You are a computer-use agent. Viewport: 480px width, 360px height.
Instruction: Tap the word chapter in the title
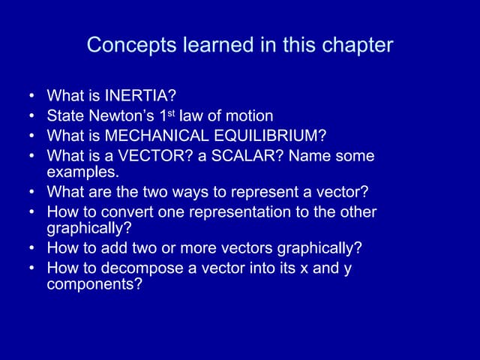357,46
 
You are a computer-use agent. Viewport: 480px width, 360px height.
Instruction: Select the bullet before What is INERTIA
32,97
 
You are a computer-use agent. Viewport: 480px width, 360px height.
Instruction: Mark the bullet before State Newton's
32,117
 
